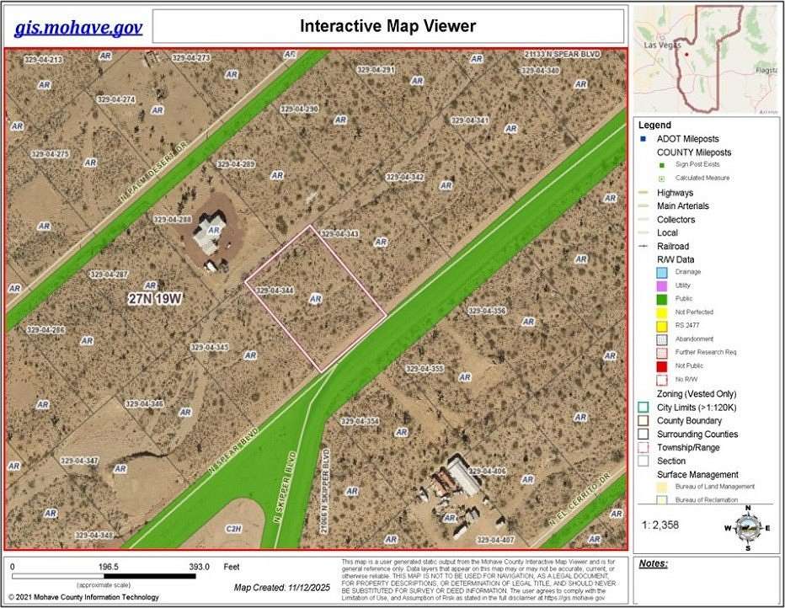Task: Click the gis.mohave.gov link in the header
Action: tap(78, 28)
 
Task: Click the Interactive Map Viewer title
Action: tap(388, 26)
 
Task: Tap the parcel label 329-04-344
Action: tap(275, 291)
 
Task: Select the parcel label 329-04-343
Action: tap(341, 234)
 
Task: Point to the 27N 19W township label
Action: tap(156, 298)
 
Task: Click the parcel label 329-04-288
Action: tap(173, 220)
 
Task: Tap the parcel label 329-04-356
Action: tap(487, 312)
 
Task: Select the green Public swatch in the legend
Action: tap(661, 298)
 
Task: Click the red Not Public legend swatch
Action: tap(661, 365)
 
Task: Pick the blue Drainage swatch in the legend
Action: tap(661, 272)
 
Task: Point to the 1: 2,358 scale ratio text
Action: tap(661, 525)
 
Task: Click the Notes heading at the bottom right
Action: tap(654, 563)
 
